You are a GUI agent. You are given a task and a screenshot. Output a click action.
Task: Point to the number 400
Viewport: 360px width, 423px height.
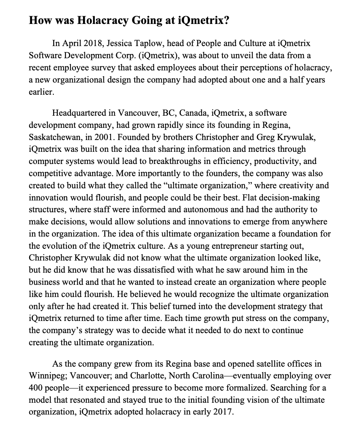click(35, 388)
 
